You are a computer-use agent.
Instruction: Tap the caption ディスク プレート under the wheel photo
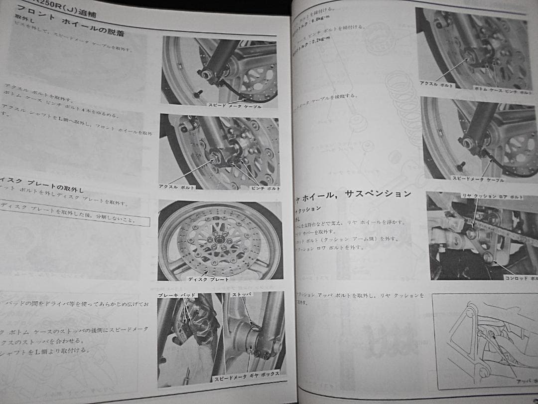point(208,279)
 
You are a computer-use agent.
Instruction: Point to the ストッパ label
point(242,295)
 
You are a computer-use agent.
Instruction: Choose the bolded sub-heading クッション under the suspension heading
point(308,208)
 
